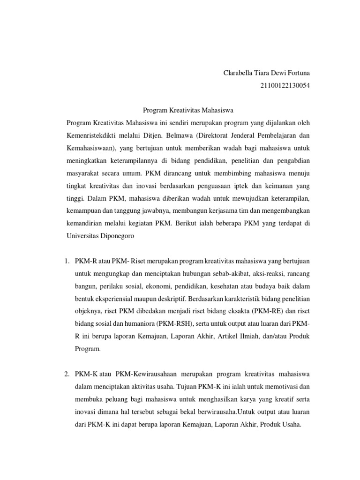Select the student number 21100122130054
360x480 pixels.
tap(284, 85)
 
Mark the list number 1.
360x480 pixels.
tap(67, 261)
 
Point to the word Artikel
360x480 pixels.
tap(228, 336)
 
